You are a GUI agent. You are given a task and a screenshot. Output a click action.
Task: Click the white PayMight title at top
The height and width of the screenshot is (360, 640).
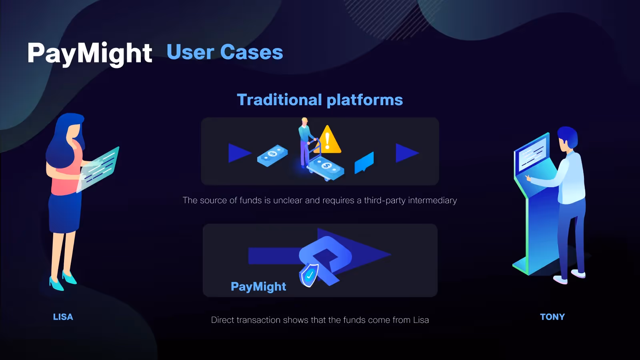tap(90, 53)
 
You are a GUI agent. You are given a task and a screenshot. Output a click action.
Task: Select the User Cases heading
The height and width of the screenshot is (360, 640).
tap(225, 52)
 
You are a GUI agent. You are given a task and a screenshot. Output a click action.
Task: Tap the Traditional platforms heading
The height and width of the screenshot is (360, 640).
tap(320, 100)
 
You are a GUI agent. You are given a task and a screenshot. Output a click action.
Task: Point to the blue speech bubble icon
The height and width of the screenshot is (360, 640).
tap(364, 162)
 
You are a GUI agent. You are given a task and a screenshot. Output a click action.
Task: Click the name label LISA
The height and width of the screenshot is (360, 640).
tap(63, 317)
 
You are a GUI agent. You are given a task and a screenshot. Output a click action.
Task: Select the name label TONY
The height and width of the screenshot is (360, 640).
tap(552, 317)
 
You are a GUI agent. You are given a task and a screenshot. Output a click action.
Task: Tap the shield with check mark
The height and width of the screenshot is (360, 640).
tap(309, 276)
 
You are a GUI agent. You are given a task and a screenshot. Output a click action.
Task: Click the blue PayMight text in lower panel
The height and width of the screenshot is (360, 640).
tap(258, 286)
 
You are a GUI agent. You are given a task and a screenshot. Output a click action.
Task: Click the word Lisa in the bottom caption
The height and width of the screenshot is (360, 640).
tap(421, 320)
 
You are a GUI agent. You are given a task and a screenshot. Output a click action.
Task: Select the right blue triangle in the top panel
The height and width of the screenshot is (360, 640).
tap(406, 153)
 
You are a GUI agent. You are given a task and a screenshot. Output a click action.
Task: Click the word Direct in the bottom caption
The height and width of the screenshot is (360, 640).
tap(222, 320)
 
